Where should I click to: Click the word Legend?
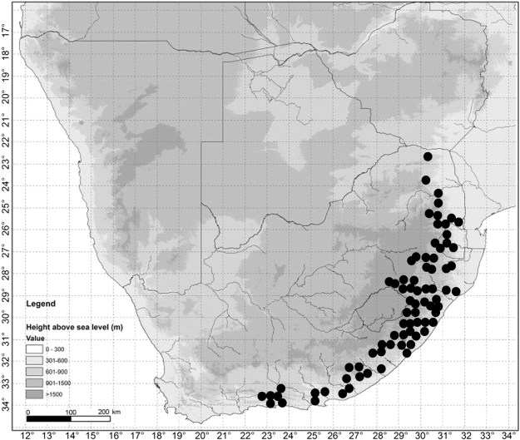click(x=42, y=303)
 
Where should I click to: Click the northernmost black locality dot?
click(x=428, y=156)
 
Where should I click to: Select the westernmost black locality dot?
click(x=262, y=396)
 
